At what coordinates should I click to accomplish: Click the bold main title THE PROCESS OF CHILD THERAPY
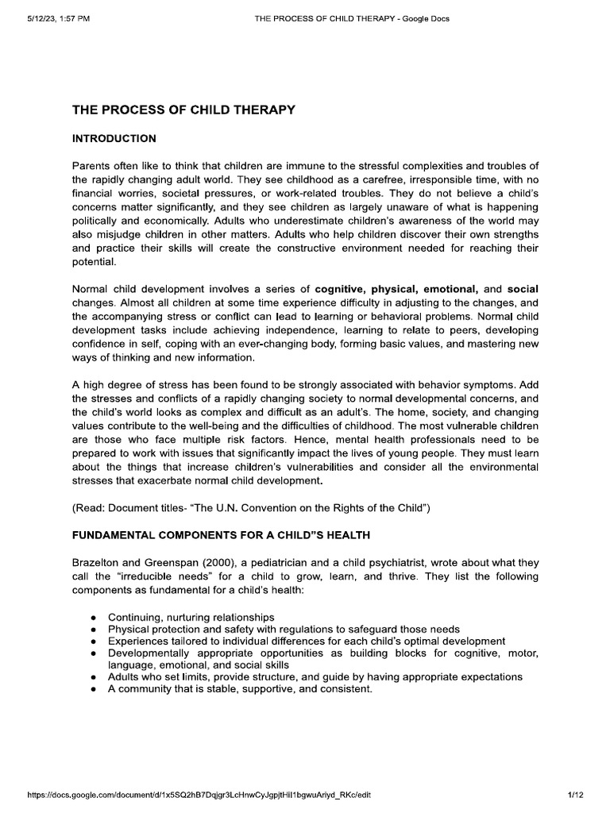coord(183,110)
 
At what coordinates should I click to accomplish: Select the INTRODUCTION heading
coord(114,138)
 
